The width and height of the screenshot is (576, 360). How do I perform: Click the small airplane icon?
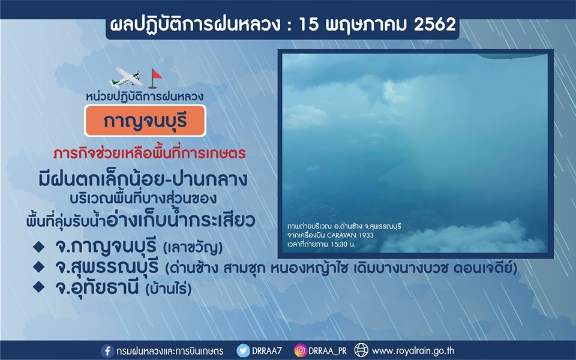pos(125,77)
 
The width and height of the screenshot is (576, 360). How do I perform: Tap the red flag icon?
pos(155,79)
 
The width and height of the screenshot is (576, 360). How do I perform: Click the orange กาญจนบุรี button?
pos(145,121)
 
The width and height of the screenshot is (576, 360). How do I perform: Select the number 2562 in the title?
pos(435,24)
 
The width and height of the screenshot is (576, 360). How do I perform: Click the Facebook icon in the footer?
pos(107,351)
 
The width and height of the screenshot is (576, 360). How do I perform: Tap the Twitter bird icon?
pos(243,351)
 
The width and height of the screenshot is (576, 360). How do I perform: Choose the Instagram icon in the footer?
pos(301,351)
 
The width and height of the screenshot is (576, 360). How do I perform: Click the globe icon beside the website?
pos(361,350)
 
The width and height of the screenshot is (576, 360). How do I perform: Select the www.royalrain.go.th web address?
pos(413,351)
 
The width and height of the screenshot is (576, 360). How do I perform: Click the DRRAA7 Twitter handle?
pos(266,351)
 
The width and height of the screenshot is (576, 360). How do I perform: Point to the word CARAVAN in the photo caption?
pos(341,235)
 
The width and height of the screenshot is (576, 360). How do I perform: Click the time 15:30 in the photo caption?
pos(340,244)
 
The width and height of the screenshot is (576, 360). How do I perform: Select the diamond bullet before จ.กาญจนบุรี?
pos(38,246)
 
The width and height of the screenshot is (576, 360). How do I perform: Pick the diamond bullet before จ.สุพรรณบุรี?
pos(38,266)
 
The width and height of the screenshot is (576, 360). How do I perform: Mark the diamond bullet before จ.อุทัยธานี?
pos(38,287)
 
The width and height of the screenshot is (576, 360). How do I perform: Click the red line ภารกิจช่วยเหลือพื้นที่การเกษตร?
pos(149,153)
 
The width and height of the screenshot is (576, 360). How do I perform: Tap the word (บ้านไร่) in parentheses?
pos(169,289)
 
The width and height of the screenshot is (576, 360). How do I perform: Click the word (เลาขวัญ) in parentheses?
pos(192,248)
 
